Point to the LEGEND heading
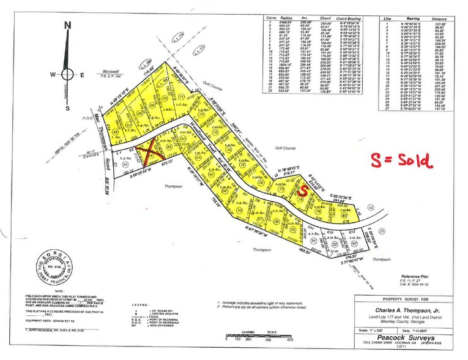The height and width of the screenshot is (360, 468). (143, 303)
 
